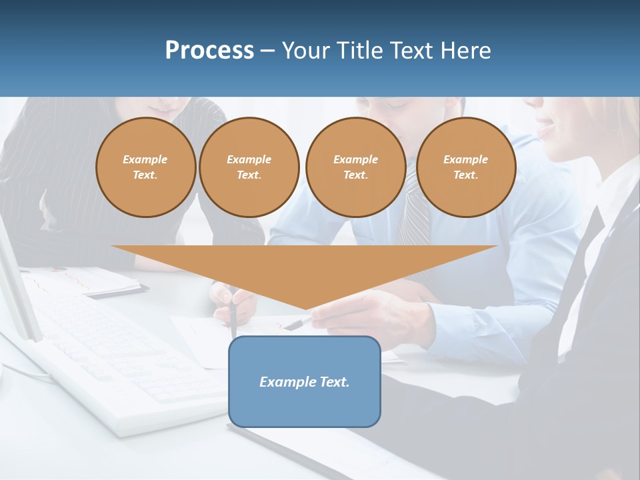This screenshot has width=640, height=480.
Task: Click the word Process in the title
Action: [209, 51]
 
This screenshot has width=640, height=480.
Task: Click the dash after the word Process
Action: [267, 51]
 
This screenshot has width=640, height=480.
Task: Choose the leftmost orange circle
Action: [145, 167]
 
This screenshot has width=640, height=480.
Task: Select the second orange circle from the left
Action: [249, 167]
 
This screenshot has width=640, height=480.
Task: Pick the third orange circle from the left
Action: [355, 167]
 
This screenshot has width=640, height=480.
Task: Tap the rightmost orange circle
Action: [465, 167]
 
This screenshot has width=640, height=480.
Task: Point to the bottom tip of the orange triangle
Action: [305, 309]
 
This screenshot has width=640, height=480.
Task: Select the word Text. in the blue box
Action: [333, 382]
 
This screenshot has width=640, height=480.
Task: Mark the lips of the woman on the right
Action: [545, 127]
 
